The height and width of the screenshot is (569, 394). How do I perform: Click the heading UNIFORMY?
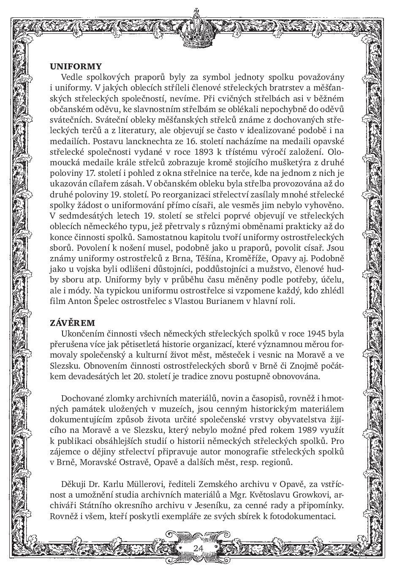click(76, 66)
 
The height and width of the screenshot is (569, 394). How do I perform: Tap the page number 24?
click(198, 548)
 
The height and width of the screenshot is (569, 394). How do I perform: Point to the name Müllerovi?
click(139, 484)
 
